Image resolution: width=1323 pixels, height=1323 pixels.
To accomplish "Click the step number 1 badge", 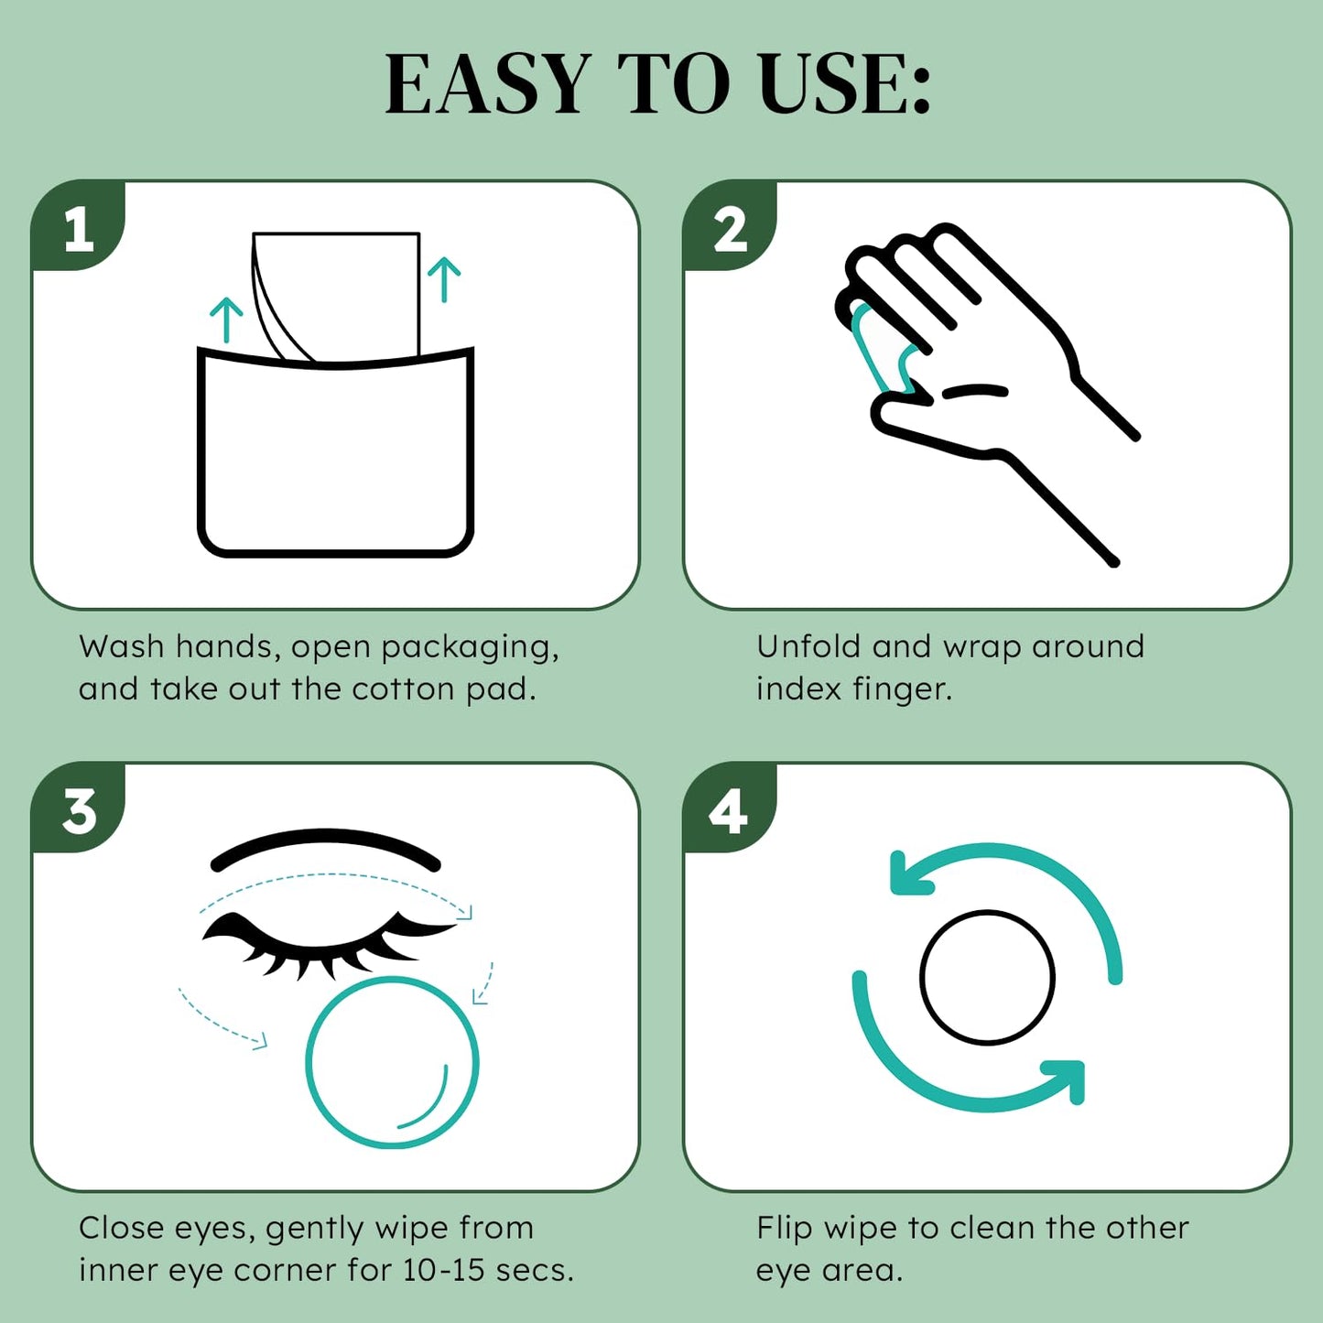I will pyautogui.click(x=79, y=228).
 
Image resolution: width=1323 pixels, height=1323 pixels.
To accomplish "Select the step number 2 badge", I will pyautogui.click(x=731, y=229).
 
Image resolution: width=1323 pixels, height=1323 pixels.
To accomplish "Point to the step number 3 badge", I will pyautogui.click(x=79, y=810).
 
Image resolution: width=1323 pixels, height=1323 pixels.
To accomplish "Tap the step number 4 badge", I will pyautogui.click(x=729, y=811).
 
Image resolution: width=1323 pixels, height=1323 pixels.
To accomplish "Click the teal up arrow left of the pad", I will pyautogui.click(x=226, y=320).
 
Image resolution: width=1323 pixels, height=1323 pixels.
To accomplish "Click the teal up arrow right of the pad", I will pyautogui.click(x=444, y=279).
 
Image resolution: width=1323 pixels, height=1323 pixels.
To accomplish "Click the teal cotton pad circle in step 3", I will pyautogui.click(x=392, y=1062).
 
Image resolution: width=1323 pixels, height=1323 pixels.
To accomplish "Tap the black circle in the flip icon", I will pyautogui.click(x=987, y=977).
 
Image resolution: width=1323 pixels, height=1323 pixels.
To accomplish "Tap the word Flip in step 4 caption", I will pyautogui.click(x=784, y=1229).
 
